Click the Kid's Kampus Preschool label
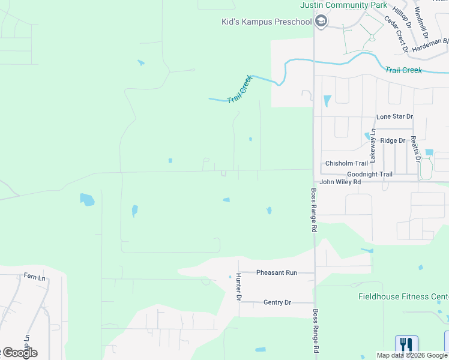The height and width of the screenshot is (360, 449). pyautogui.click(x=267, y=22)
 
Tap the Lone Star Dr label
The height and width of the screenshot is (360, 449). pyautogui.click(x=394, y=116)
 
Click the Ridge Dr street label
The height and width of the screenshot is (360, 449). pyautogui.click(x=393, y=140)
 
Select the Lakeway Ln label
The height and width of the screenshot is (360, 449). pyautogui.click(x=373, y=145)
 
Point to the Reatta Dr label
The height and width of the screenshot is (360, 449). pyautogui.click(x=414, y=149)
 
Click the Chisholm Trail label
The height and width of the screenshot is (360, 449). pyautogui.click(x=346, y=163)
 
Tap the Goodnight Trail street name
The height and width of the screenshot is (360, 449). pyautogui.click(x=369, y=175)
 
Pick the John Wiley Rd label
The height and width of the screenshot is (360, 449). pyautogui.click(x=340, y=182)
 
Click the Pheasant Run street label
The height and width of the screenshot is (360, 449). pyautogui.click(x=277, y=272)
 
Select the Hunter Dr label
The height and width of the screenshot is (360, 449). pyautogui.click(x=238, y=286)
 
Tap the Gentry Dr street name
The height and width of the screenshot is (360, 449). pyautogui.click(x=277, y=302)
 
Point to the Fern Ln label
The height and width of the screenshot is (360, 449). pyautogui.click(x=35, y=277)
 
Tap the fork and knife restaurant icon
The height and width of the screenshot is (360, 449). pyautogui.click(x=406, y=345)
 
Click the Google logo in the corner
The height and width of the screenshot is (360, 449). pyautogui.click(x=19, y=353)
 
